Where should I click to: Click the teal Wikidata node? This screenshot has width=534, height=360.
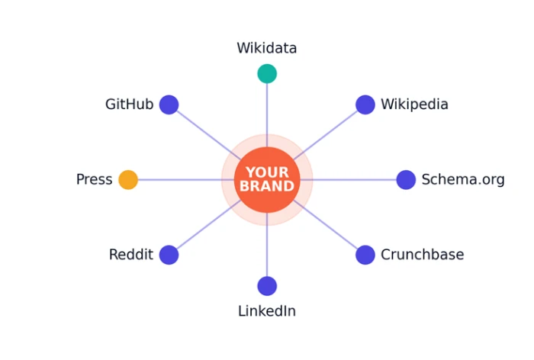[x=267, y=73]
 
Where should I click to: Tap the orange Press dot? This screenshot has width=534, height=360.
[x=128, y=179]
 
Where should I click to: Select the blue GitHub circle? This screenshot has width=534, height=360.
[x=169, y=104]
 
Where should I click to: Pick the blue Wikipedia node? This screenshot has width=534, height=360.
[x=365, y=104]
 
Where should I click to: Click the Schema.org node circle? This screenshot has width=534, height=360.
[x=406, y=179]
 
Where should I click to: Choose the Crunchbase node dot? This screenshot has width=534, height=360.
[x=365, y=255]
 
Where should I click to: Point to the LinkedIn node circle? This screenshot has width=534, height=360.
[x=267, y=286]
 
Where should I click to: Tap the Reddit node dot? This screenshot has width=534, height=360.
[x=169, y=255]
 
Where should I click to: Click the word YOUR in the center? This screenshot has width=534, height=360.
[x=267, y=172]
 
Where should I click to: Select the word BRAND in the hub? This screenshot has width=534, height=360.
[x=267, y=186]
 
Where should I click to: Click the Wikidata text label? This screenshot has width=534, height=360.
[x=267, y=48]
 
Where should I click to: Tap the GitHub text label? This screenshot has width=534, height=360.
[x=130, y=104]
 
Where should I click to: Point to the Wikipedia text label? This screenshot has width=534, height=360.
[x=414, y=104]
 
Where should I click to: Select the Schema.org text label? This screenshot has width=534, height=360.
[x=463, y=180]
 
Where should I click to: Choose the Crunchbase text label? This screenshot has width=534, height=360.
[x=423, y=255]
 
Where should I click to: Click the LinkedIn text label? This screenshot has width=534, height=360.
[x=267, y=311]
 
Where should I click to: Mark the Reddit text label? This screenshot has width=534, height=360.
[x=131, y=255]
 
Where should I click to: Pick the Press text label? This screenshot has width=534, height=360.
[x=95, y=179]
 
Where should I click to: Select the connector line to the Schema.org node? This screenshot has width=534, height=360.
[x=348, y=179]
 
